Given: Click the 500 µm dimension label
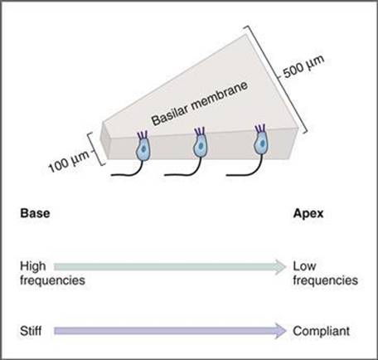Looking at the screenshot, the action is tap(304, 67).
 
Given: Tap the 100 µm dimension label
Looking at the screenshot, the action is tap(70, 162).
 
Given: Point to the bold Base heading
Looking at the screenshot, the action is tap(35, 213).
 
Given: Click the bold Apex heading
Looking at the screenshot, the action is tap(308, 213).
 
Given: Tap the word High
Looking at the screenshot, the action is tap(33, 266).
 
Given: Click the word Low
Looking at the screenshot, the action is tap(304, 266).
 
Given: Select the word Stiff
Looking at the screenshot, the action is tap(31, 331).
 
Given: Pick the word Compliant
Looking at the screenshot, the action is tap(322, 331).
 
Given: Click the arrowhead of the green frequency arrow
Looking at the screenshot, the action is tap(280, 267).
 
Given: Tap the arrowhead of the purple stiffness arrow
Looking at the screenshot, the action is tap(280, 331).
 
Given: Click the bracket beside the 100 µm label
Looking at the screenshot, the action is tap(94, 149).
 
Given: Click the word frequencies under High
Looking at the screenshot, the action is tap(52, 280).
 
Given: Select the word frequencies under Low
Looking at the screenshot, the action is tap(326, 280).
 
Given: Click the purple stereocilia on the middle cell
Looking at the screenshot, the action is tap(200, 131).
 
